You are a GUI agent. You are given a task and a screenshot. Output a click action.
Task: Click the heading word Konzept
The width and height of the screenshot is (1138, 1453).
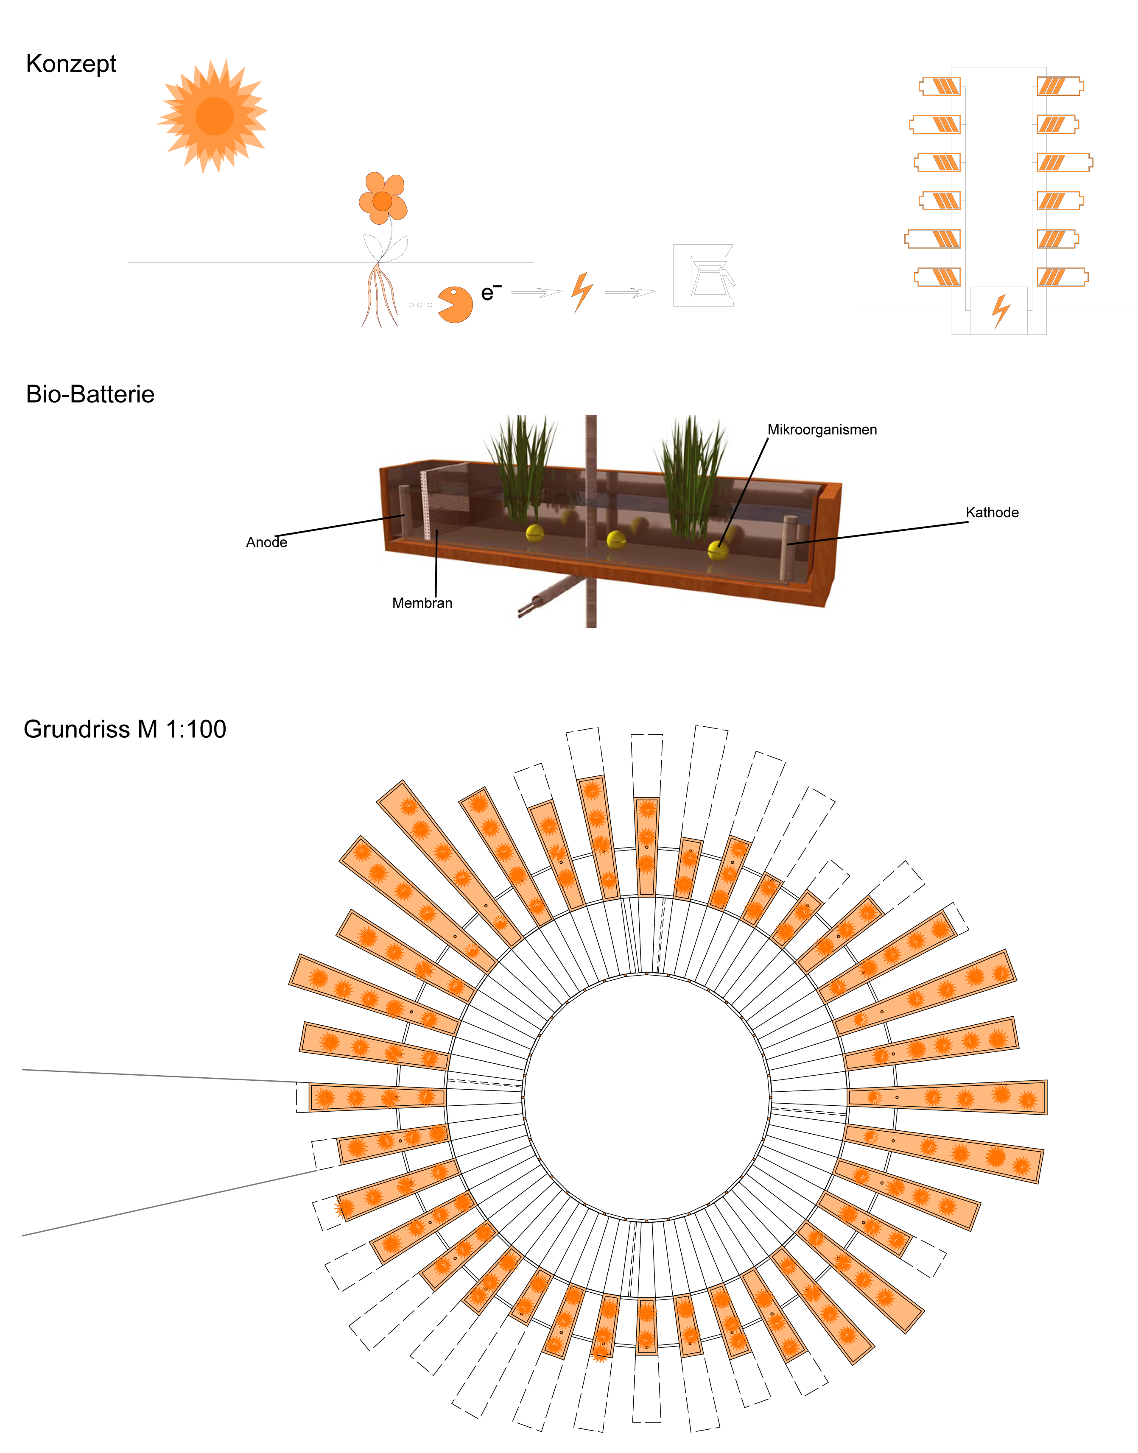pos(71,64)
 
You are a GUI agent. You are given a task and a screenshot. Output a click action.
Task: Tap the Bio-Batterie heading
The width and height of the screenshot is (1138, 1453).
pos(90,394)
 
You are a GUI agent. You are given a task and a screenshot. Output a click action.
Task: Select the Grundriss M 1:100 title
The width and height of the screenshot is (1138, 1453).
pos(125,729)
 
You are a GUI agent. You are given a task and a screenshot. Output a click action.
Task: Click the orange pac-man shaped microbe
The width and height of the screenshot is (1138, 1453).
pos(456,304)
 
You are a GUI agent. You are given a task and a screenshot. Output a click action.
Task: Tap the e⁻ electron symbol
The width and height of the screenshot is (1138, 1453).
pos(491,292)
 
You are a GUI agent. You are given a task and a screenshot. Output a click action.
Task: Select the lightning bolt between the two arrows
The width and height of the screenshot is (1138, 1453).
pos(583,292)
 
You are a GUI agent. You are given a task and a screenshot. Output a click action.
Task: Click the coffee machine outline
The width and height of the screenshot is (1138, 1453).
pos(704,275)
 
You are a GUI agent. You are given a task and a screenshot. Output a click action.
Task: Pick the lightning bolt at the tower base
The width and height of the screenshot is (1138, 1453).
pos(1001,311)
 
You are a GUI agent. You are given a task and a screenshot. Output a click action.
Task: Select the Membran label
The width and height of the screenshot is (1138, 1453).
pos(422,603)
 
